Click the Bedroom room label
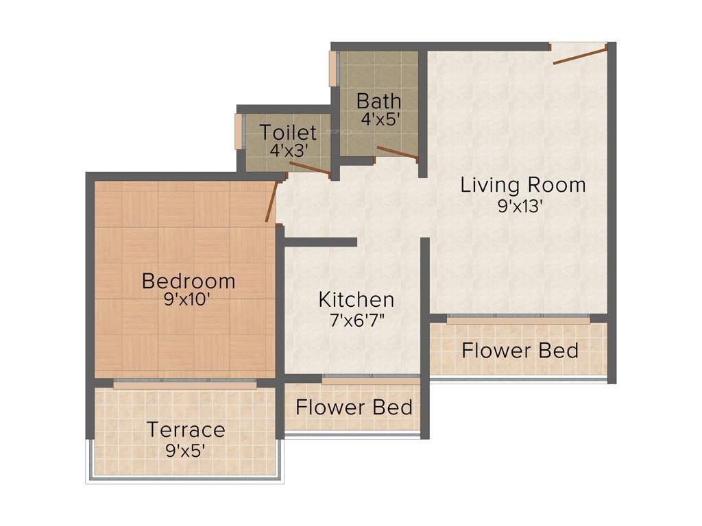[189, 281]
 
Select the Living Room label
[523, 185]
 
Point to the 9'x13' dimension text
[521, 205]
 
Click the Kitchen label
[356, 299]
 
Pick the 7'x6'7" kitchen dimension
[356, 320]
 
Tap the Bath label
[379, 101]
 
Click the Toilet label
[288, 132]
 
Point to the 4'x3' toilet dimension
[287, 150]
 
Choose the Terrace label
[186, 430]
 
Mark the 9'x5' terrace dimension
[186, 450]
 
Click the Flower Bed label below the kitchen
[354, 407]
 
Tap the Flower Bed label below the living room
[520, 351]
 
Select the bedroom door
[272, 201]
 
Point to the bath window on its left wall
[333, 68]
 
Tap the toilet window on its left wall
[239, 130]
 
